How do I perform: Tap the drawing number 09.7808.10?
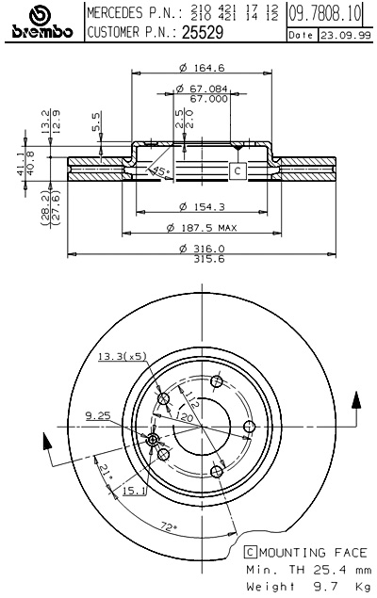tap(324, 13)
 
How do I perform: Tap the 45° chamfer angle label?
tap(160, 170)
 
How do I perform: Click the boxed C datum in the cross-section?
tap(238, 170)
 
